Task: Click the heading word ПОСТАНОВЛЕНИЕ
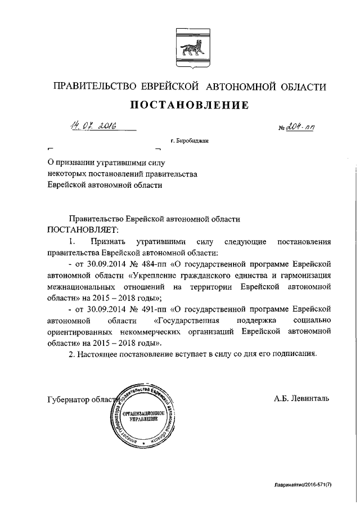(x=189, y=105)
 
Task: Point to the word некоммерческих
(x=179, y=332)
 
